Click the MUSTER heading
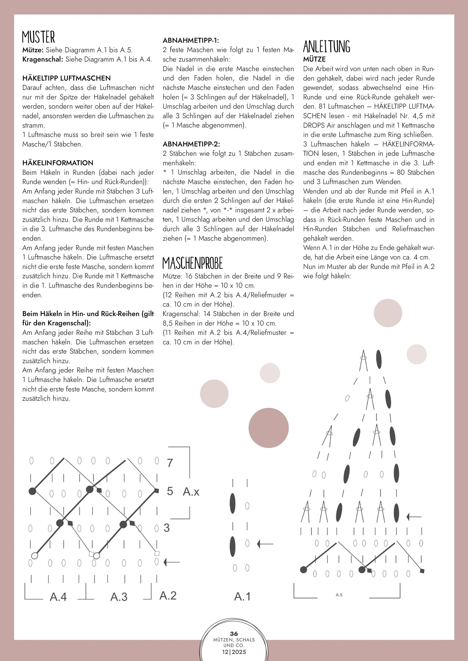[38, 37]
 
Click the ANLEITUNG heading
[327, 47]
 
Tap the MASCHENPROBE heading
[192, 263]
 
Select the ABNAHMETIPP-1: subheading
[191, 40]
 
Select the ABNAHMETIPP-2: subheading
[191, 144]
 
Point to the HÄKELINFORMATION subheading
[58, 163]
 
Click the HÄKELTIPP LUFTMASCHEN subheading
[66, 78]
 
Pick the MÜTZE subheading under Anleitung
[314, 59]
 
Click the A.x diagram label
[191, 491]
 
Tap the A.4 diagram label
[58, 597]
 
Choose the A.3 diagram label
[119, 597]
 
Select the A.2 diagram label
[168, 595]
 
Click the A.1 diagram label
[242, 596]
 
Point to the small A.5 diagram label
[339, 595]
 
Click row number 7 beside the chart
[170, 463]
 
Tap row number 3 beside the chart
[167, 528]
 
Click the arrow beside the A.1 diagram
[265, 544]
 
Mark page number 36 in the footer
[234, 634]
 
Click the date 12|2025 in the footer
[234, 652]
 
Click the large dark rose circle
[269, 428]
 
